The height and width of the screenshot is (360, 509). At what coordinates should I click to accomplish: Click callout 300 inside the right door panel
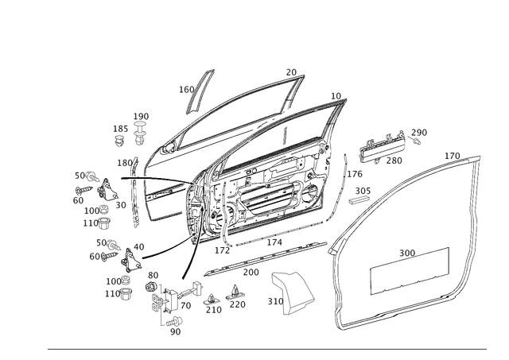[407, 253]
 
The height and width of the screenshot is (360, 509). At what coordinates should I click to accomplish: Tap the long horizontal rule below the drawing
[266, 350]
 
